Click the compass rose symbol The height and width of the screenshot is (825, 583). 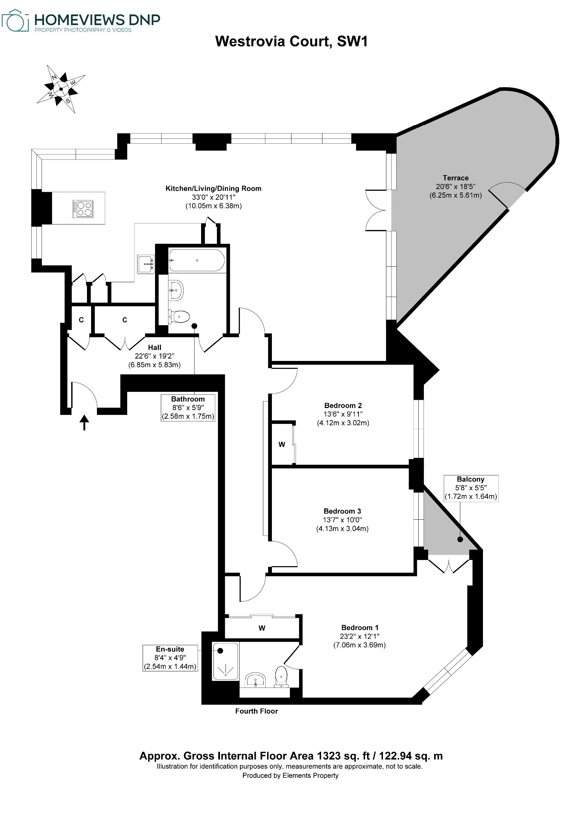[x=61, y=89]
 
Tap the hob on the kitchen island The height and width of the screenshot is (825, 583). [x=83, y=209]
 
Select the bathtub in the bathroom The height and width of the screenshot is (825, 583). [x=197, y=260]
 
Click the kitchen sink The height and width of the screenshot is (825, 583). [x=146, y=264]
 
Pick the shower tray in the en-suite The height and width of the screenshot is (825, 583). [x=225, y=661]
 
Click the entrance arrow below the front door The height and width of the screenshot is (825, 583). [x=85, y=422]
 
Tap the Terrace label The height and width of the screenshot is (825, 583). [x=455, y=178]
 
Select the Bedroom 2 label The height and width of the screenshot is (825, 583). [x=343, y=405]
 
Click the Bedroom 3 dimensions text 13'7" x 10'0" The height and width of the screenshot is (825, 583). [x=342, y=519]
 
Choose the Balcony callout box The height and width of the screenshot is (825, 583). [x=471, y=488]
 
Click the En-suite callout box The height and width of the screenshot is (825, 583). [x=170, y=658]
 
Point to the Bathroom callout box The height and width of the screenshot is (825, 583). [x=188, y=407]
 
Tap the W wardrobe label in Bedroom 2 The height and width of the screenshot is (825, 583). [x=282, y=444]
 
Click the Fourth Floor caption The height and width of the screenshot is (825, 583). [x=256, y=711]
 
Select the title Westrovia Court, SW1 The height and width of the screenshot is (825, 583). [x=291, y=41]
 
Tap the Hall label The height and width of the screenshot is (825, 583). [x=154, y=348]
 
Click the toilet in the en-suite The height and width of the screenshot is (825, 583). [x=281, y=677]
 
